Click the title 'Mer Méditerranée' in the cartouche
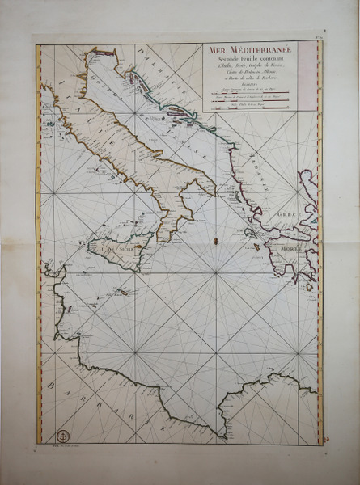[252, 51]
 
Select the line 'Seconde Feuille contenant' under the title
[252, 61]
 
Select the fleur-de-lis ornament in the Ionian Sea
[214, 241]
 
